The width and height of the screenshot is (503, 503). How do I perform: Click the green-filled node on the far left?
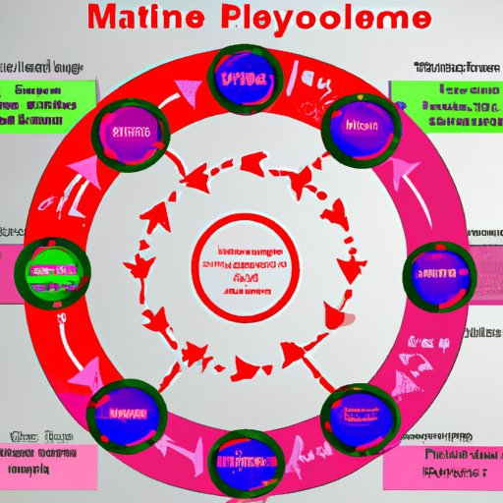pos(49,267)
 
